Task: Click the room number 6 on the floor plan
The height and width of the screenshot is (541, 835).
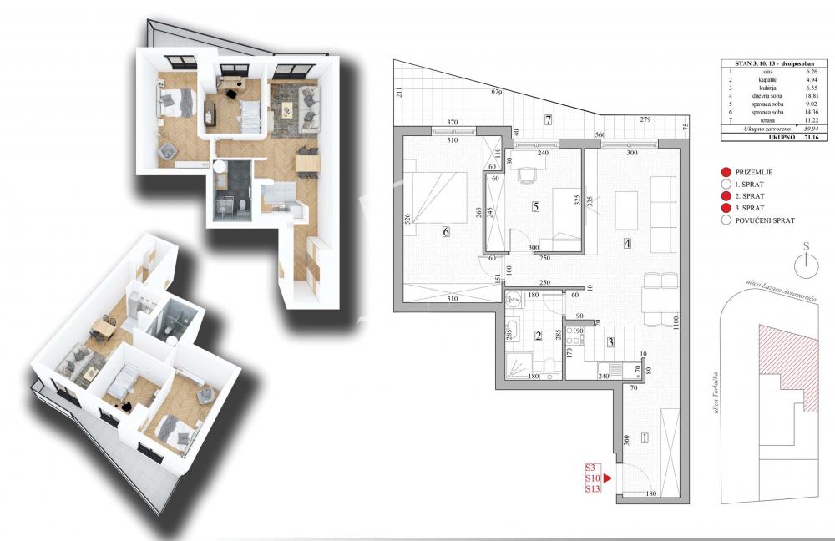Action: (446, 232)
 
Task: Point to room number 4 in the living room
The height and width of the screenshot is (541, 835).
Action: (626, 244)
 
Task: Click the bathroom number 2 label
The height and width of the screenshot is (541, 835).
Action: (539, 336)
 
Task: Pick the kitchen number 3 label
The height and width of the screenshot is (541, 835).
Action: (610, 342)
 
